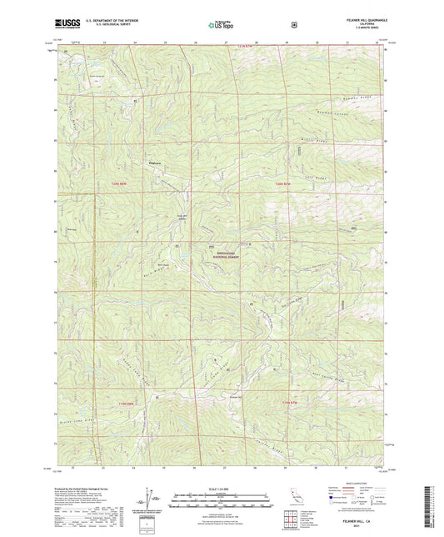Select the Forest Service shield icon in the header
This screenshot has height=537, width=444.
coord(293,24)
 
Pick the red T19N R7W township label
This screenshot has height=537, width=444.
coord(288,404)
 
